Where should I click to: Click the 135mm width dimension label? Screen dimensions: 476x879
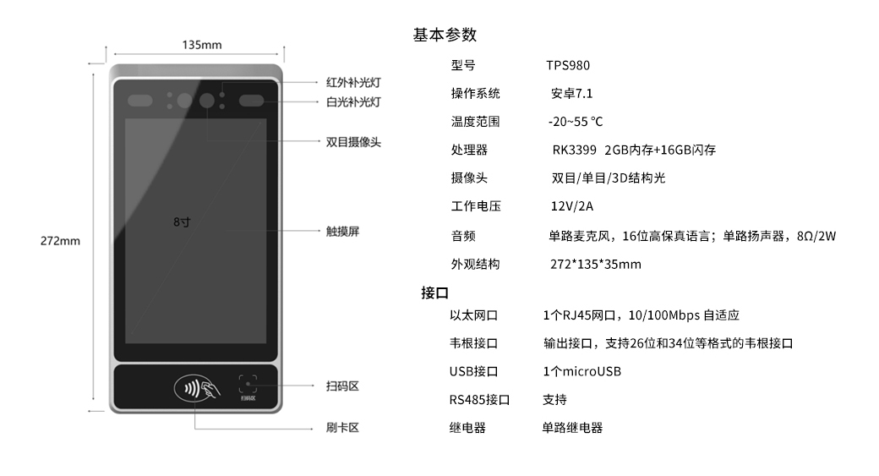202,45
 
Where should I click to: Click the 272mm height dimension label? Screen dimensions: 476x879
60,241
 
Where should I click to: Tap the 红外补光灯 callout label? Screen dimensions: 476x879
353,83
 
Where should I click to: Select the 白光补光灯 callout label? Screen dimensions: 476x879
353,101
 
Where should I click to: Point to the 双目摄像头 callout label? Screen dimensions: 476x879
353,142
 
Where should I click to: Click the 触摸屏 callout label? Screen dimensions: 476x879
342,231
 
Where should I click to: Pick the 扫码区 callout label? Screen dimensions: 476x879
342,386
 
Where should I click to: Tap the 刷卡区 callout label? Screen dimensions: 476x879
342,428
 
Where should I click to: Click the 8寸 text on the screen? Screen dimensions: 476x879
181,222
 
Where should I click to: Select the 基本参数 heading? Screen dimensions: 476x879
445,35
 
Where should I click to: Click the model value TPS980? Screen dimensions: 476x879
568,65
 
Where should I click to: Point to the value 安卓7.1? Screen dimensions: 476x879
571,94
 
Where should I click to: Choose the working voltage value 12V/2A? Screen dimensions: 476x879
572,207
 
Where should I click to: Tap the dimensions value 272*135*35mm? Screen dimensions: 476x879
595,265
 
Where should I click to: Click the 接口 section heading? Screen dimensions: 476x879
434,293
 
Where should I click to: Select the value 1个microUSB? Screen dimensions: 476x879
582,372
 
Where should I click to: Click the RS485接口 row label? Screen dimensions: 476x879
479,400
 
